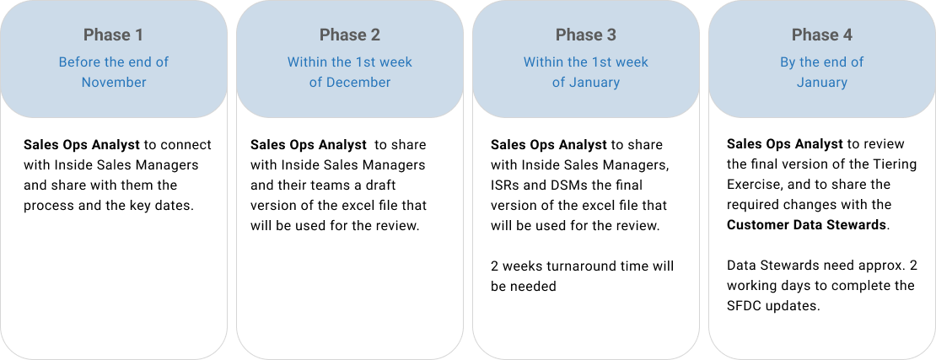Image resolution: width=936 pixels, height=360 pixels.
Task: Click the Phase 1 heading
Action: click(x=113, y=35)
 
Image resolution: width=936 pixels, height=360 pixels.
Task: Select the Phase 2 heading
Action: click(x=349, y=35)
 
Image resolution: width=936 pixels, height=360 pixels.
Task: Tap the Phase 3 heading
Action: click(x=585, y=35)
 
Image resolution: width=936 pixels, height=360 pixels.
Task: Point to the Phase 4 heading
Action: click(x=821, y=35)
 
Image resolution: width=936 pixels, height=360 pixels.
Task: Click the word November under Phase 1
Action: click(x=114, y=83)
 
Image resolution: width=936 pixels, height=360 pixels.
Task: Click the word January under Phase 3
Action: click(x=594, y=83)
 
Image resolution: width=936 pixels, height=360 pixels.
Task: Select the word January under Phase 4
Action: click(x=822, y=83)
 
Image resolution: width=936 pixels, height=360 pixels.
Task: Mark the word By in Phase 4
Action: click(x=788, y=62)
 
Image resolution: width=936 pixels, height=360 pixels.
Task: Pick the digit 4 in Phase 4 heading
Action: click(x=847, y=35)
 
